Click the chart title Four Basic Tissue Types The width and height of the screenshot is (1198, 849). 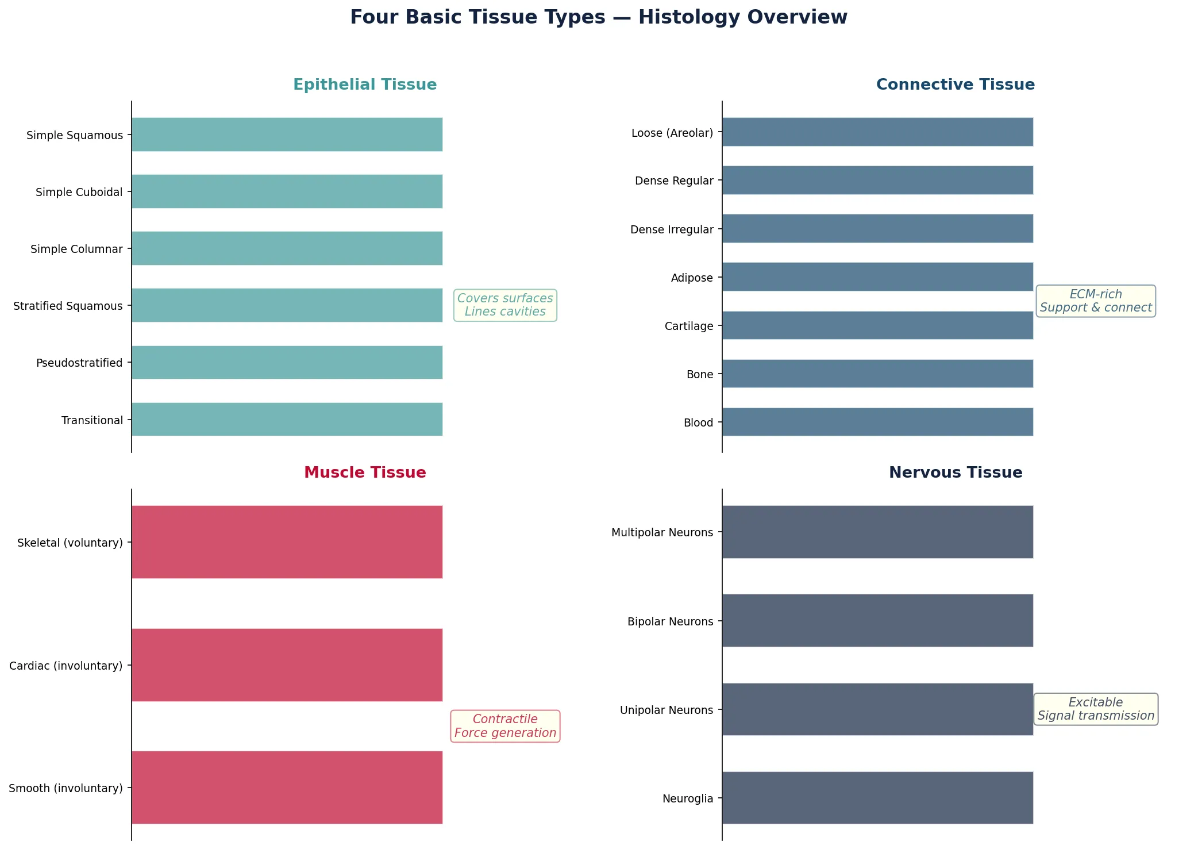(x=598, y=17)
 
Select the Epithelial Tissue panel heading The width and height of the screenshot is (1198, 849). (x=365, y=84)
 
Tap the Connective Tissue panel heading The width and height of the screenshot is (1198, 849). (x=955, y=84)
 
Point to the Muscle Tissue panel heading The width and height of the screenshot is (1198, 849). (x=365, y=472)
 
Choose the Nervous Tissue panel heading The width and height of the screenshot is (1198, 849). (x=955, y=472)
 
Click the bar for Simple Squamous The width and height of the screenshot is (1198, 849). (x=287, y=135)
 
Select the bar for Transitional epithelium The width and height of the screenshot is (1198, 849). (x=287, y=420)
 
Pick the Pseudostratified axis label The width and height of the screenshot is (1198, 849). (x=79, y=363)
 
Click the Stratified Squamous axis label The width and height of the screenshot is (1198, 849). (x=68, y=306)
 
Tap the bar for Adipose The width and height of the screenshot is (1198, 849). (x=877, y=277)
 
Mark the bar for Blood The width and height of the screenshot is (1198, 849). (x=877, y=422)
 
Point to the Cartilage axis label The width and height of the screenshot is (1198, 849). (x=688, y=326)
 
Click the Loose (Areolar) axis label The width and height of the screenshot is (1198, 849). (x=672, y=133)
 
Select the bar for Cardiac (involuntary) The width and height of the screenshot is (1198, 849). (x=287, y=665)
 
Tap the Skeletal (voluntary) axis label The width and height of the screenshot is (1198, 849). (x=70, y=543)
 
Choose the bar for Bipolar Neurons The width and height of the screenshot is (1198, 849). (x=877, y=621)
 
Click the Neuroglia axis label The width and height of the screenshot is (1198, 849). (x=687, y=798)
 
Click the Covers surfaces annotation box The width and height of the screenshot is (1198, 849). (x=505, y=305)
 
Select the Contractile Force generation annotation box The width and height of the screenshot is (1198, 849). (x=505, y=726)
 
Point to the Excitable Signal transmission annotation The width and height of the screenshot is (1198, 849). (x=1095, y=709)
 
